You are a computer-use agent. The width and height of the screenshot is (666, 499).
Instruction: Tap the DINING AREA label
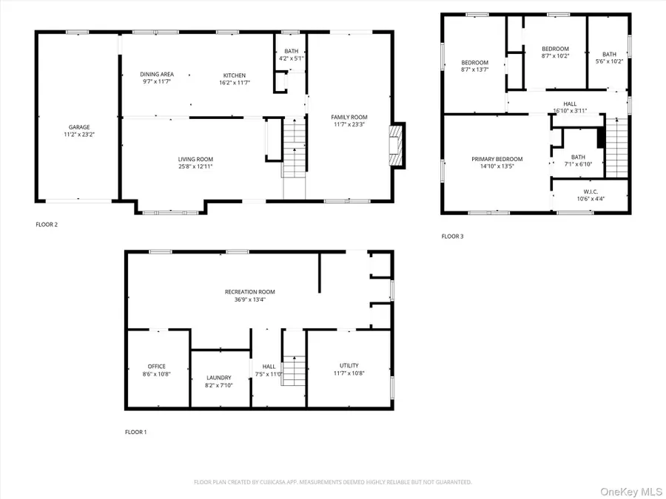[x=156, y=74]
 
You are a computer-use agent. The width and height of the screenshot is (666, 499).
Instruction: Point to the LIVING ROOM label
[x=195, y=159]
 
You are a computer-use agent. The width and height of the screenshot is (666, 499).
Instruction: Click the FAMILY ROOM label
[x=349, y=117]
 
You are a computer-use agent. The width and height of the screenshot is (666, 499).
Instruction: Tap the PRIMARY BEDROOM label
[x=497, y=159]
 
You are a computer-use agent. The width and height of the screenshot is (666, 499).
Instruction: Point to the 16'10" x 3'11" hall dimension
[x=570, y=111]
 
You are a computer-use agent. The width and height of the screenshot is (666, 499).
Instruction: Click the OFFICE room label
[x=156, y=366]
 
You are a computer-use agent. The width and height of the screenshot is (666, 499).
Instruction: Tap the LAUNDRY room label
[x=218, y=377]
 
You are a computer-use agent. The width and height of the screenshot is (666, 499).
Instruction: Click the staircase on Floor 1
[x=295, y=367]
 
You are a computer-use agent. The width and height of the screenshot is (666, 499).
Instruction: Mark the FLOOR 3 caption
[x=452, y=237]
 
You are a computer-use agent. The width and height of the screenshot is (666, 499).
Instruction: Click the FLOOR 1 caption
[x=135, y=432]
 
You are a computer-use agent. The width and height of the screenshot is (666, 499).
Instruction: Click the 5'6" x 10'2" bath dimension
[x=608, y=61]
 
